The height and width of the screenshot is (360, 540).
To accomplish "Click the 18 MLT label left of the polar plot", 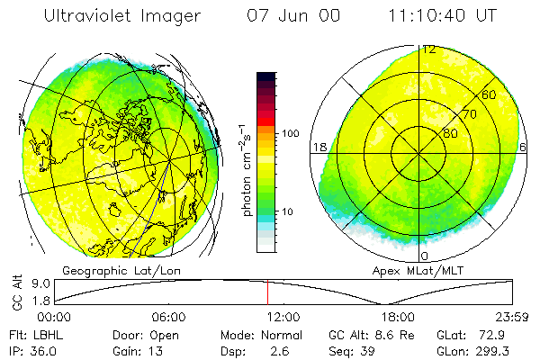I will click(318, 147).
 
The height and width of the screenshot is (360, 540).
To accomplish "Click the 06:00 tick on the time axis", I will click(168, 317).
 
